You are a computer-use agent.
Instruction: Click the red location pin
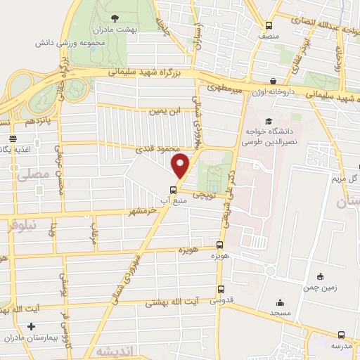[x=181, y=167]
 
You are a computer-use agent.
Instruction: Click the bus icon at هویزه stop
[x=221, y=245]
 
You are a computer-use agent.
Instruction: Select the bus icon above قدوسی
[x=221, y=289]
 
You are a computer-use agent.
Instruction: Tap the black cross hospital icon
[x=31, y=327]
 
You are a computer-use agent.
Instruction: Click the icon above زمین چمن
[x=321, y=276]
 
